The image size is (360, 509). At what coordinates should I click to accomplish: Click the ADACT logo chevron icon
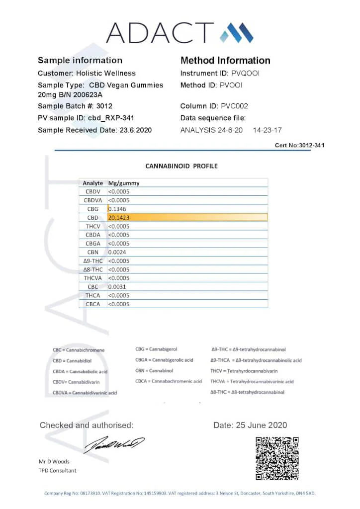(x=237, y=33)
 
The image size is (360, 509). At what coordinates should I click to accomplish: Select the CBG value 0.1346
(x=117, y=209)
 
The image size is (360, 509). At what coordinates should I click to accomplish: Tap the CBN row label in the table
(x=93, y=252)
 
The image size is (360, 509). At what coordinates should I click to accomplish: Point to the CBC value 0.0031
(x=117, y=287)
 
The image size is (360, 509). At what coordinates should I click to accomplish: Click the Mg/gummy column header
(x=124, y=183)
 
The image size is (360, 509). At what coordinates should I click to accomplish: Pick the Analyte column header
(x=93, y=183)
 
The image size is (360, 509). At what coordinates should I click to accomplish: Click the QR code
(x=277, y=458)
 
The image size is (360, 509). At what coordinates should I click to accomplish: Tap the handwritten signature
(x=114, y=444)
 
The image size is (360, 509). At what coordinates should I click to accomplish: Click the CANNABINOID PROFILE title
(x=181, y=166)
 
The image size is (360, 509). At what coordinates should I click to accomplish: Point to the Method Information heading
(x=225, y=61)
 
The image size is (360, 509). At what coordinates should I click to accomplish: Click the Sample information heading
(x=80, y=61)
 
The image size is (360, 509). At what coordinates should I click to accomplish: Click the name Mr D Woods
(x=55, y=461)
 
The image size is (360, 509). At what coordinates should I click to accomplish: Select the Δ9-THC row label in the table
(x=93, y=261)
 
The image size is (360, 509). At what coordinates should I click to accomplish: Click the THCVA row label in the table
(x=93, y=278)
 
